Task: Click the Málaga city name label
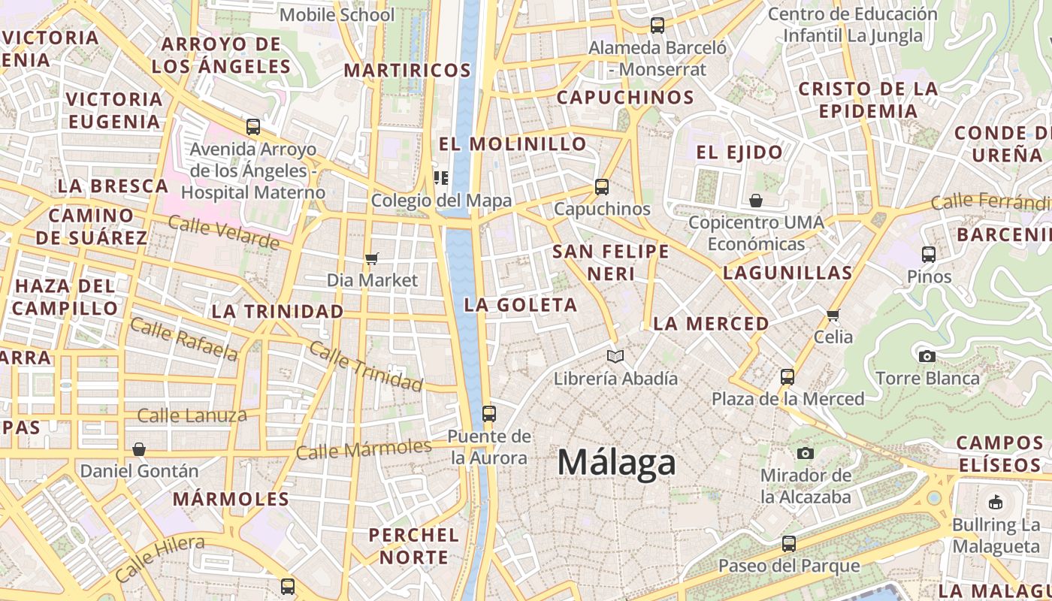[616, 462]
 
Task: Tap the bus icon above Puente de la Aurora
[488, 413]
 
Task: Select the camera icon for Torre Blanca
[927, 356]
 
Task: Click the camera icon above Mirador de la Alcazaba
[805, 453]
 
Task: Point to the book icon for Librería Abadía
[615, 356]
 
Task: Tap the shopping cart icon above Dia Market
[371, 259]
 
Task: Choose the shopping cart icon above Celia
[833, 315]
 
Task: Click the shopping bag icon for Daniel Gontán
[138, 449]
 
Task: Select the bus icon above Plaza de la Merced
[787, 376]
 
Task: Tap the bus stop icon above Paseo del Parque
[788, 543]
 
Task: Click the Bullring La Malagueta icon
[996, 502]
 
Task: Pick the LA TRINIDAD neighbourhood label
[277, 311]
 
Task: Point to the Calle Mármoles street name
[364, 449]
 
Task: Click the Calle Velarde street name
[223, 232]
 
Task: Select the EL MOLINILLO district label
[512, 143]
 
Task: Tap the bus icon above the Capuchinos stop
[601, 187]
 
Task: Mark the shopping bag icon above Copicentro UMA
[756, 201]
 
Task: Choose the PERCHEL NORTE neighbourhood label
[414, 546]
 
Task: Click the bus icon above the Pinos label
[929, 255]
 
